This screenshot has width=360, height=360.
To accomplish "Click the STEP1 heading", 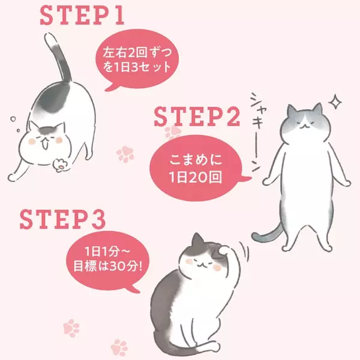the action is tap(82, 16).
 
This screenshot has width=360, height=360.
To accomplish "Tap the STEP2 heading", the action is tap(197, 116).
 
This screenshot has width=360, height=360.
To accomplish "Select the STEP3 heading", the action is tap(62, 219).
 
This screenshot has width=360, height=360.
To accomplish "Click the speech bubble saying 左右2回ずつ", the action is tap(137, 60).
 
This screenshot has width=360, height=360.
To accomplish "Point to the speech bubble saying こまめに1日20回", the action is tap(197, 168).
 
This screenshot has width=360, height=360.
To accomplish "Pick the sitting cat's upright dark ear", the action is tap(197, 241).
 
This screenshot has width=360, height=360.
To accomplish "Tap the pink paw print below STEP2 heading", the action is tap(173, 133).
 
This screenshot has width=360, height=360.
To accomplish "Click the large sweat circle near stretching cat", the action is tap(13, 119).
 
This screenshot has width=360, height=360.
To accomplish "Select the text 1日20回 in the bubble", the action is tap(196, 177).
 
